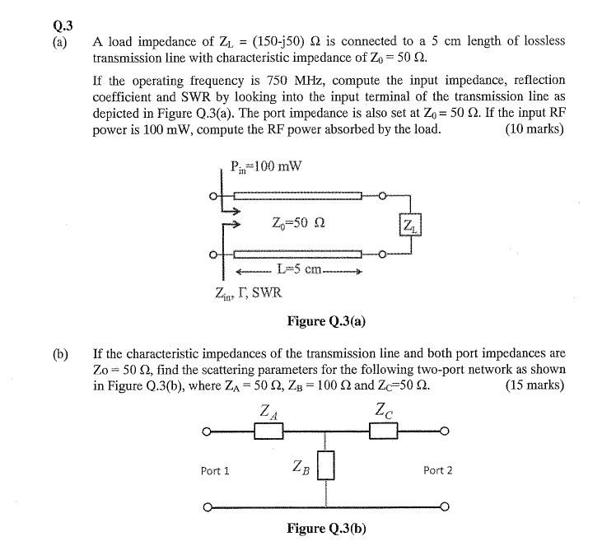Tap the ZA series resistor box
coord(268,431)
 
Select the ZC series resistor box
coord(384,431)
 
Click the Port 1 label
coord(215,470)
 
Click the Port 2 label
coord(437,470)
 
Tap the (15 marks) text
coord(534,385)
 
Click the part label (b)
coord(60,355)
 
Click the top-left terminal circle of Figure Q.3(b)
coord(207,431)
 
